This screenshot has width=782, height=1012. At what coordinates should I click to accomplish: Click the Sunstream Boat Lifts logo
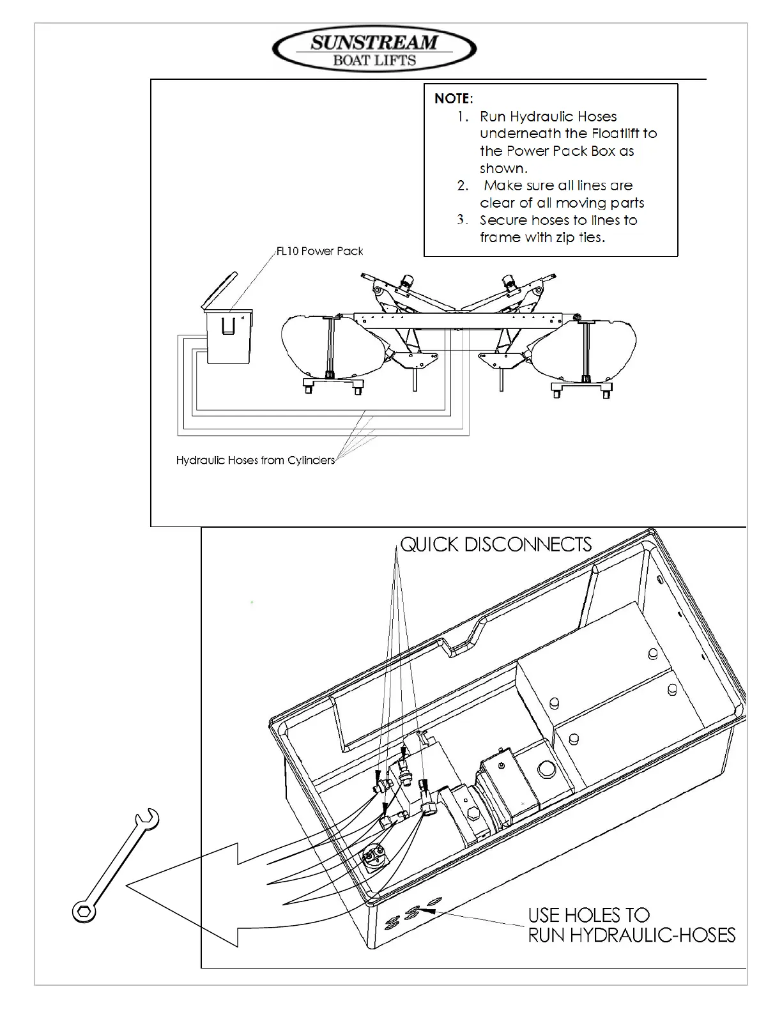point(374,50)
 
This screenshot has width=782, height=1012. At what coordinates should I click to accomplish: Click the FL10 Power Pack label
point(319,251)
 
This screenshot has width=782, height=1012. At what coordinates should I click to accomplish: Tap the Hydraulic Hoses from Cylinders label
point(256,460)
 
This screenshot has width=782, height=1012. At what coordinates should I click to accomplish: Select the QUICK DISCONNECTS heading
point(496,544)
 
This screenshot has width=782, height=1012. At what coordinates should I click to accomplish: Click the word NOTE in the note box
point(453,98)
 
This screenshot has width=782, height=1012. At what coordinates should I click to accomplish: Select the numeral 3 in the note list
point(463,220)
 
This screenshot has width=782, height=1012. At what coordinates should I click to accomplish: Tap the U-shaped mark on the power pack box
point(228,326)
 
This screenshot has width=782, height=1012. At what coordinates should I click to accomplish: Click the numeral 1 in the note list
point(463,117)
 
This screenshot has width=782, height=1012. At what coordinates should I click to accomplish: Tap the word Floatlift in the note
point(617,134)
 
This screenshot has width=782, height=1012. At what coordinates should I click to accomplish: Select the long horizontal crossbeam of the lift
point(460,319)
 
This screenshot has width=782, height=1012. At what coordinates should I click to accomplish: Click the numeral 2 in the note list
point(463,186)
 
